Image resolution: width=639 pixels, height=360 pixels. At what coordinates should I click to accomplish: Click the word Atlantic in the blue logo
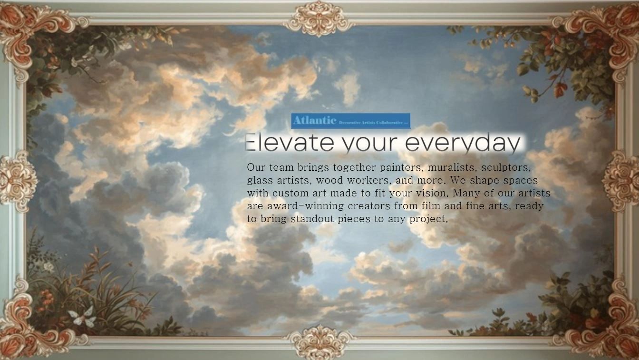tap(314, 120)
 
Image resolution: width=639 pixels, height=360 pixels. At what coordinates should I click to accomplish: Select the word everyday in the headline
tap(463, 143)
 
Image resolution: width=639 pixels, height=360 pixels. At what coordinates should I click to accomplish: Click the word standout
tap(312, 219)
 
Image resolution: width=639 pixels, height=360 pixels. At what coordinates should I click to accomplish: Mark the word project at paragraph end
tap(428, 219)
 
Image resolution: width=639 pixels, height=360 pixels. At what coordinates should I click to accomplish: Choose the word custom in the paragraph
tap(290, 193)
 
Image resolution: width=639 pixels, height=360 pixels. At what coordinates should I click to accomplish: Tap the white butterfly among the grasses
tap(82, 317)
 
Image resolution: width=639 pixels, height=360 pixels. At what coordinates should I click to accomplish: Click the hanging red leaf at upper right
tap(561, 89)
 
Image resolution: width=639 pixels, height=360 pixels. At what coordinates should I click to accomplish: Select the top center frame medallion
tap(319, 18)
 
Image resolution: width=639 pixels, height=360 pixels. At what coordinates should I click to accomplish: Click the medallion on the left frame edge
tap(18, 180)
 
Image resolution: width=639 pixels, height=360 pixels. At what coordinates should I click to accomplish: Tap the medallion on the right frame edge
tap(620, 180)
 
